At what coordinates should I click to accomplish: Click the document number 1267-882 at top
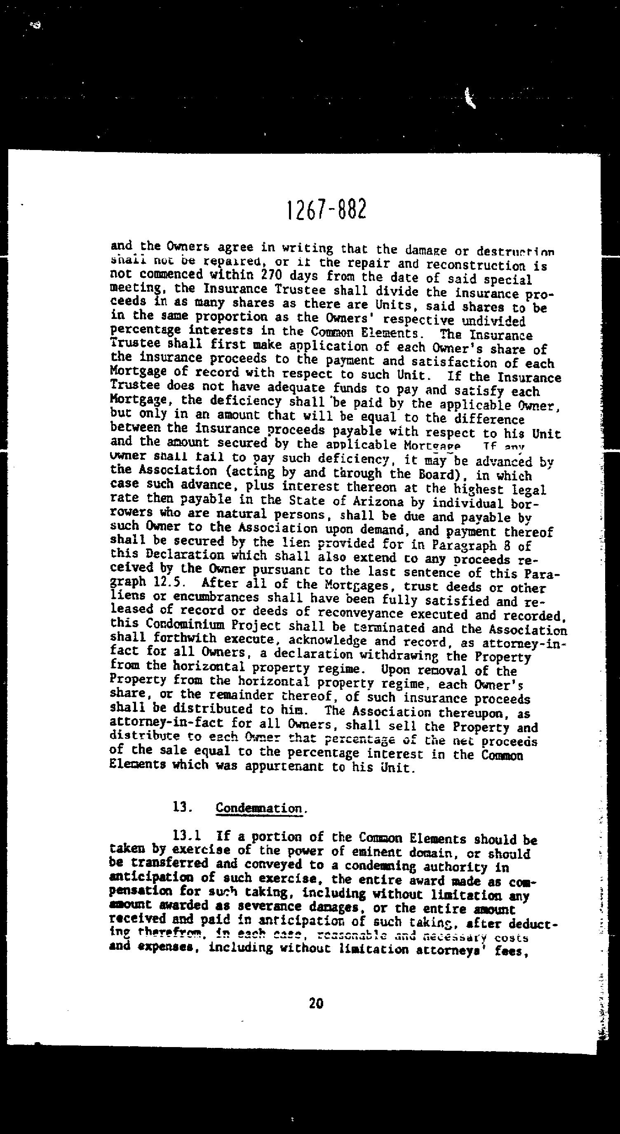(x=326, y=211)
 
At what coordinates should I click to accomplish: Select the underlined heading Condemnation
(x=259, y=808)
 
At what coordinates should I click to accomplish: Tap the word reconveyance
(x=360, y=613)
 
